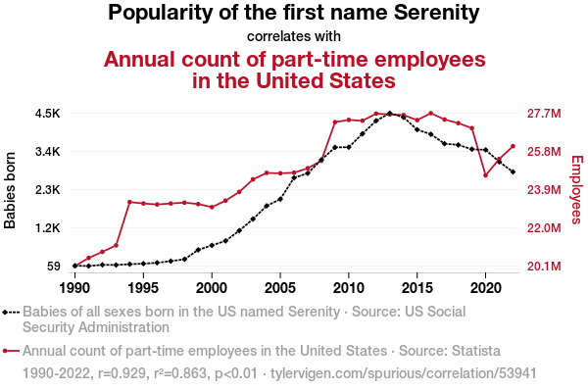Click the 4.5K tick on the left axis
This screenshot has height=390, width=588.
click(x=48, y=114)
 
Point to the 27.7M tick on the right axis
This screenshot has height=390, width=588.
click(x=544, y=114)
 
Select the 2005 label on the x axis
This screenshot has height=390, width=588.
click(x=279, y=288)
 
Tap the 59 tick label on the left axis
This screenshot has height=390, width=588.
click(x=54, y=267)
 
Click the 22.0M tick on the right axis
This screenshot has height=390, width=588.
click(x=544, y=228)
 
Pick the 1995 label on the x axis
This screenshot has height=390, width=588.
click(x=143, y=288)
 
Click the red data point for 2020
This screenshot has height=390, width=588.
click(x=485, y=175)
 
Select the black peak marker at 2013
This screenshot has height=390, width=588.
click(x=390, y=113)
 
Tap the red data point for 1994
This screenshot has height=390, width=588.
click(x=129, y=202)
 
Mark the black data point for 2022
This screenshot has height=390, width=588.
click(x=513, y=171)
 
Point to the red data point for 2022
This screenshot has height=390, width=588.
click(x=513, y=146)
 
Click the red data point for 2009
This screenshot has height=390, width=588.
click(x=335, y=122)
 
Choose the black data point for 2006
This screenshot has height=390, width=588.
click(x=294, y=177)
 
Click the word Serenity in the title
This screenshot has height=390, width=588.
click(x=437, y=13)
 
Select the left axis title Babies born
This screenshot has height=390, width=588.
click(x=10, y=190)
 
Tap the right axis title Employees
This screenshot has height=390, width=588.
click(x=577, y=189)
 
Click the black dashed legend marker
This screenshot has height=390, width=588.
click(x=11, y=312)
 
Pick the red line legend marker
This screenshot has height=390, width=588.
click(x=11, y=351)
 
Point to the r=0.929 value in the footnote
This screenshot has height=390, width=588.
click(x=122, y=373)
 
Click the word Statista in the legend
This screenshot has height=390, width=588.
click(x=476, y=351)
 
